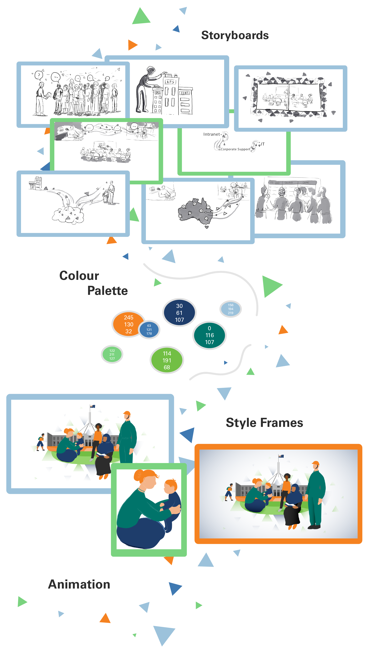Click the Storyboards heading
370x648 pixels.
(x=235, y=35)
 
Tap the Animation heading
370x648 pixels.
(x=79, y=584)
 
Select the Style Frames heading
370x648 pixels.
(x=264, y=423)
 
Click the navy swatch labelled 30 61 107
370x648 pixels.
(x=179, y=313)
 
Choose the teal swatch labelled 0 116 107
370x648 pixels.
(x=209, y=335)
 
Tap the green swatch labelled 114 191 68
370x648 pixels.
(x=167, y=360)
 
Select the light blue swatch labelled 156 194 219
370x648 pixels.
(x=230, y=309)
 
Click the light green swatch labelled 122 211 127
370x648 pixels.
(x=112, y=355)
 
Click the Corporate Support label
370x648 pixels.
(x=235, y=149)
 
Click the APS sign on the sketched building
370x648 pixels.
(x=170, y=82)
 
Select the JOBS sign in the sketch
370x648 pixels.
(x=184, y=93)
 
